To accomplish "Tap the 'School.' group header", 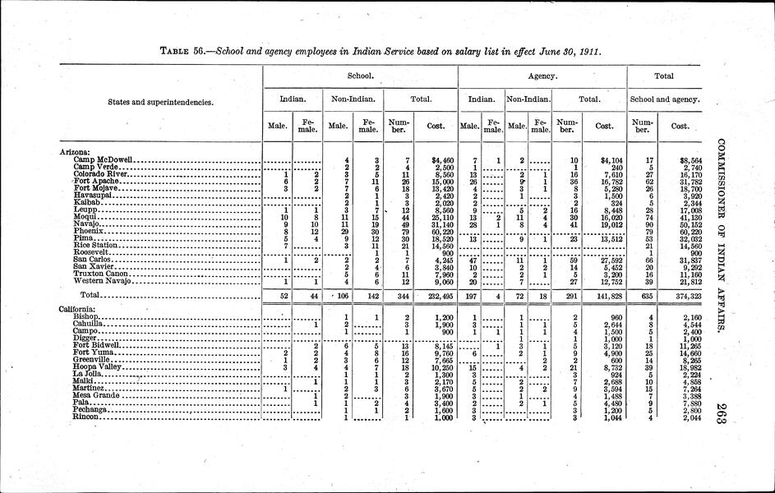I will tap(360, 76).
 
